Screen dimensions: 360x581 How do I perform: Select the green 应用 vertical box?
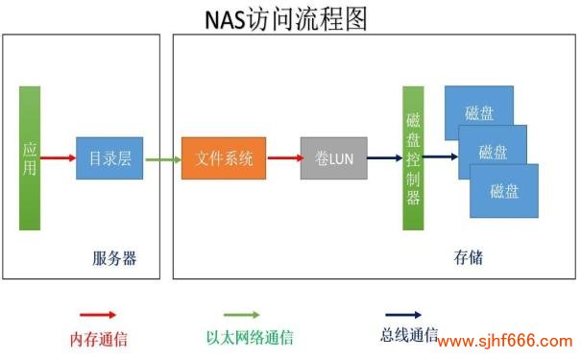click(x=30, y=158)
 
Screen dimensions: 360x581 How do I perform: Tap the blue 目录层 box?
click(x=110, y=158)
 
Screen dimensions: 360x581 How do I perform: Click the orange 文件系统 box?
click(x=224, y=158)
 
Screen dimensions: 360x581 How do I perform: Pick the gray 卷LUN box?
click(x=333, y=158)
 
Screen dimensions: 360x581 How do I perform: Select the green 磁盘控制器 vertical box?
click(x=414, y=158)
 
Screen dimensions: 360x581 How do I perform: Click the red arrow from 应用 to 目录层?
click(x=59, y=158)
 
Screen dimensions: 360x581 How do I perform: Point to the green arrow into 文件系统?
click(x=163, y=158)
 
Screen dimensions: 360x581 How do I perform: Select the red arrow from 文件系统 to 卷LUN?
click(x=283, y=158)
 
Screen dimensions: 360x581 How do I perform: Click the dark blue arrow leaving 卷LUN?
click(x=384, y=158)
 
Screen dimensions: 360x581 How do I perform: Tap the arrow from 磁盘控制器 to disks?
click(x=442, y=156)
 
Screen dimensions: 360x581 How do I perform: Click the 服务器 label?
click(x=114, y=258)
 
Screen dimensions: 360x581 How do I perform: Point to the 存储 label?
click(x=468, y=258)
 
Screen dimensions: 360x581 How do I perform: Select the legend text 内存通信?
click(x=99, y=339)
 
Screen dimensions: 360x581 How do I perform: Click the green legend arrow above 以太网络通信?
click(x=241, y=315)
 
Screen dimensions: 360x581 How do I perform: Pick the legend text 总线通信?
click(x=409, y=336)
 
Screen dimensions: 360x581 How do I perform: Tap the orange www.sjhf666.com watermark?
click(x=505, y=341)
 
